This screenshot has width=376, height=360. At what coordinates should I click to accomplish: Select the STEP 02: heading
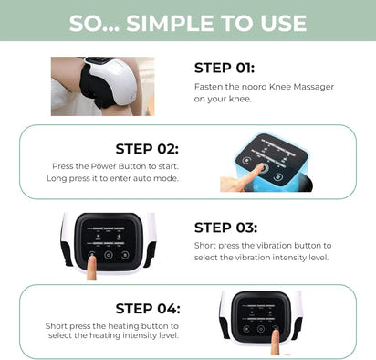147,148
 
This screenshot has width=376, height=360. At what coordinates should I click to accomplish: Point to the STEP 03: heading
225,228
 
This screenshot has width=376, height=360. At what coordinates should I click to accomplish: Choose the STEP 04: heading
147,308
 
